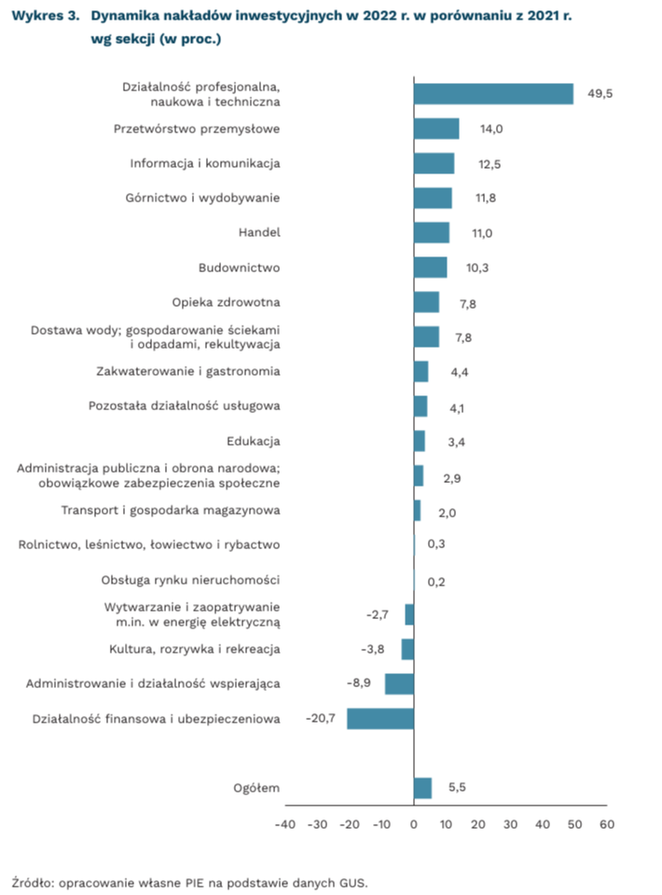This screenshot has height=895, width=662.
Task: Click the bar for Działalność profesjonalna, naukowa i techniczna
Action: coord(493,94)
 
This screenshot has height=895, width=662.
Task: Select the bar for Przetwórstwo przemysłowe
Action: coord(436,129)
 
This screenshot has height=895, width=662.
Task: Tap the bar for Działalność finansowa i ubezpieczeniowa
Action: coord(380,718)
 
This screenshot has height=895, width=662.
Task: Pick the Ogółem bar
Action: coord(422,788)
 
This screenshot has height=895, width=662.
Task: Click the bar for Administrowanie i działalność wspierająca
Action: coord(399,683)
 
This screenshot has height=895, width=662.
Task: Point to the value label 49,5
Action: coord(600,94)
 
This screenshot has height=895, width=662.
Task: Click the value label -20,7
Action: coord(321,718)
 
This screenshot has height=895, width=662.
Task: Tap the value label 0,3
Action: coord(435,544)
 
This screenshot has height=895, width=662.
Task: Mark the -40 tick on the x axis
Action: coord(285,824)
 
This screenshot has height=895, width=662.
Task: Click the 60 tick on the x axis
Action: coord(607,824)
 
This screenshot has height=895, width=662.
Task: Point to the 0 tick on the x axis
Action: coord(414,824)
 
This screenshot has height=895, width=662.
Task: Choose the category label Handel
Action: coord(260,233)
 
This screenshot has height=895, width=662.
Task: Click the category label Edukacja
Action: coord(254,441)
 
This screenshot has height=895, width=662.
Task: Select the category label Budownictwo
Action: coord(240,268)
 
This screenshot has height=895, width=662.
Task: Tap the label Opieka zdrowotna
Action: coord(227,302)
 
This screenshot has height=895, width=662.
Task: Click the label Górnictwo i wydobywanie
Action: coord(202,198)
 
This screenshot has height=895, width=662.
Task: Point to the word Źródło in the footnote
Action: coord(33,881)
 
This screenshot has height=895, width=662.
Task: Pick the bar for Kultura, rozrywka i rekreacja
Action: coord(407,649)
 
